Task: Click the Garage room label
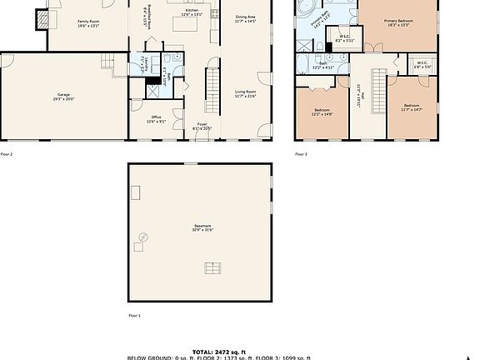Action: click(58, 98)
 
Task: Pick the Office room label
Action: click(157, 118)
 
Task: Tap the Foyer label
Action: click(202, 127)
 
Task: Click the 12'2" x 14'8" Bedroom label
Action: click(322, 112)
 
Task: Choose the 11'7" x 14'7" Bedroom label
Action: click(412, 107)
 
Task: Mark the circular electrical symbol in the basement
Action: click(144, 237)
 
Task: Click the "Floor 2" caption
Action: click(7, 154)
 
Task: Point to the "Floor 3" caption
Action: click(301, 154)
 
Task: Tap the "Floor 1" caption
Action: click(134, 316)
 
